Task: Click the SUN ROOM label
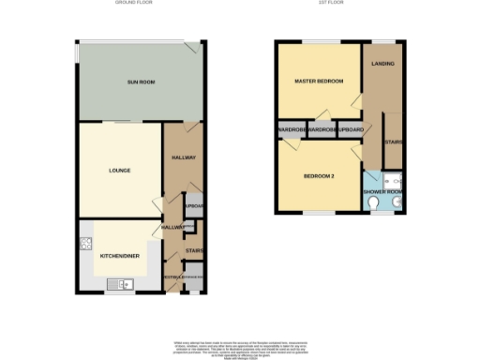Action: pos(141,83)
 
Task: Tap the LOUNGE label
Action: pos(119,171)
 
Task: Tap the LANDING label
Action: pos(382,64)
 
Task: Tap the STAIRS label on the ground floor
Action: pos(194,250)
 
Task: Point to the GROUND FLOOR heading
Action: pos(134,4)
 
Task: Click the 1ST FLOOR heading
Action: pos(340,4)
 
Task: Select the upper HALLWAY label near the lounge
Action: pos(183,157)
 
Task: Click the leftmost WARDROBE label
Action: pos(291,130)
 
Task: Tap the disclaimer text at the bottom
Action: pos(240,348)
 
